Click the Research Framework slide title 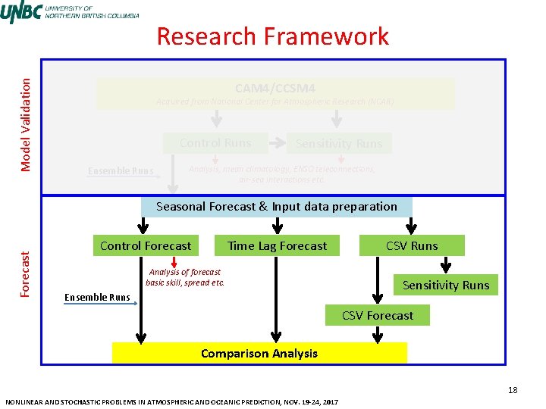point(272,36)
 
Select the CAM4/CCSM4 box point(275,94)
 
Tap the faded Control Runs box point(215,142)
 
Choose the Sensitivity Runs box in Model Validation point(339,143)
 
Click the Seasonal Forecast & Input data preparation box point(277,206)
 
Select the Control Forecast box point(146,245)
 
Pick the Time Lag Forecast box point(277,245)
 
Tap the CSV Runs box point(412,245)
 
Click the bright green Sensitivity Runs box point(445,285)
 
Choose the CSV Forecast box point(378,315)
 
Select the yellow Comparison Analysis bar point(259,353)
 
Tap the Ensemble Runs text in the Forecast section point(97,297)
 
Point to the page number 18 point(513,390)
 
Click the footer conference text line point(171,401)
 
